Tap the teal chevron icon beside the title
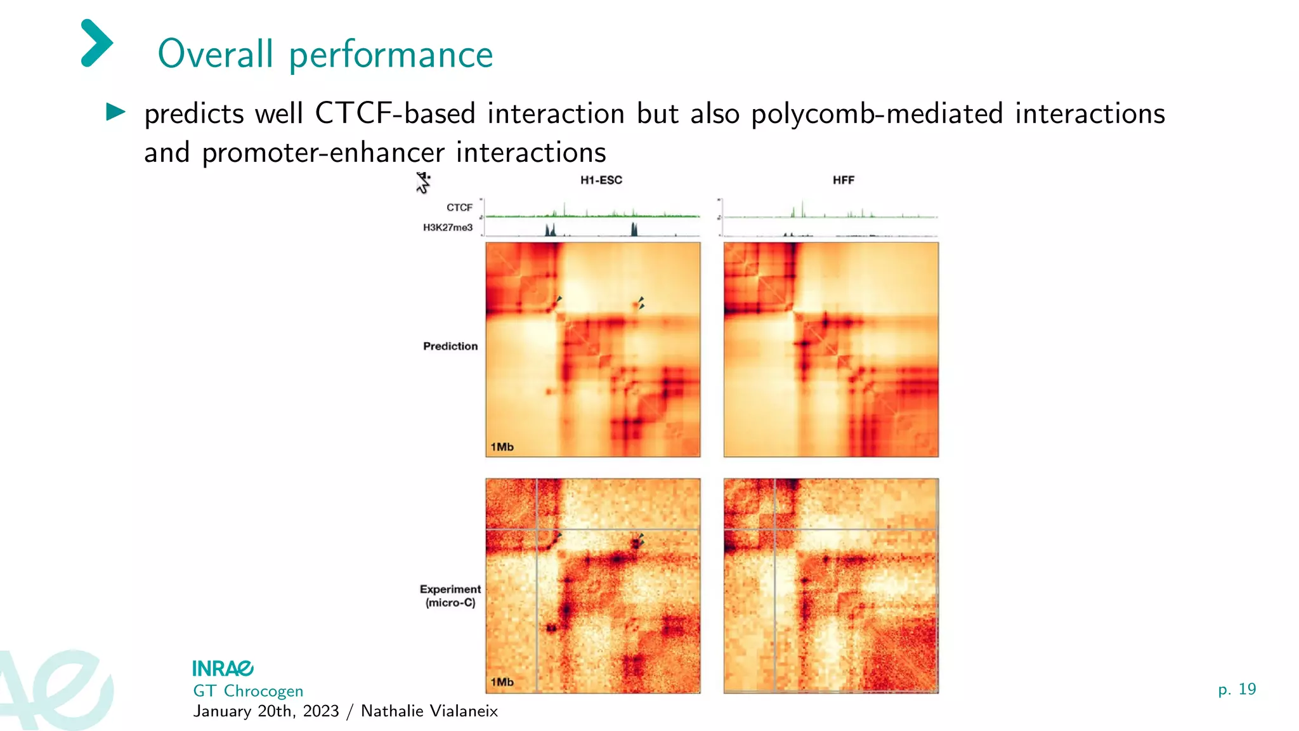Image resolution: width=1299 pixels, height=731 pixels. [x=96, y=43]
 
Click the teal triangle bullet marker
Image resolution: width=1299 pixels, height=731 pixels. [x=115, y=112]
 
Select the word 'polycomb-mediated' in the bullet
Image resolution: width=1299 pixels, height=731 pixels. [x=877, y=114]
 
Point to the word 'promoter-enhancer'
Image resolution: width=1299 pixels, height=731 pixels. [x=323, y=153]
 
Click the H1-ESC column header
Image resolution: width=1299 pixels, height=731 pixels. [x=601, y=180]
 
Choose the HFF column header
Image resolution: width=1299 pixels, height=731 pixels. [x=843, y=180]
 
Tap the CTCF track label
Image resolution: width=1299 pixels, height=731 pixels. [x=459, y=207]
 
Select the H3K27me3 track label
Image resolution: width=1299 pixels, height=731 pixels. [x=448, y=227]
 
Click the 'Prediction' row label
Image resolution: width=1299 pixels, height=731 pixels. [x=450, y=346]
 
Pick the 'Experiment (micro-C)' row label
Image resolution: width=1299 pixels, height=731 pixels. [x=450, y=596]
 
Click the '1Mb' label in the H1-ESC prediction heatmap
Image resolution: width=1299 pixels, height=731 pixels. [x=502, y=447]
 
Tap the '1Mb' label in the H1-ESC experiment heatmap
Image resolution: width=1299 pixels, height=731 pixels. [x=502, y=682]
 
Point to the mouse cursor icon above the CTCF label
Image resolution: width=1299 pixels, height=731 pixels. [x=423, y=183]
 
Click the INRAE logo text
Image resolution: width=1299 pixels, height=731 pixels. [x=223, y=669]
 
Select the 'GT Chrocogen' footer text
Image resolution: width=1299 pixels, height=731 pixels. [x=248, y=691]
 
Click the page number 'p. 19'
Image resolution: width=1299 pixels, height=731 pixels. [x=1237, y=689]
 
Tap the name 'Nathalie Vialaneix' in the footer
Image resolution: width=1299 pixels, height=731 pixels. [x=429, y=711]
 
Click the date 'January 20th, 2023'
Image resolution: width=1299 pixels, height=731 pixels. [x=266, y=711]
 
